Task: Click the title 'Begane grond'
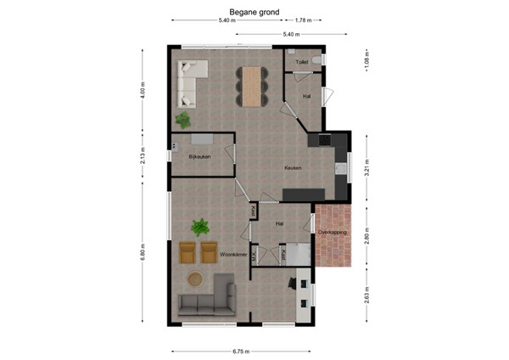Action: click(254, 12)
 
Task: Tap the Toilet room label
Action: click(302, 63)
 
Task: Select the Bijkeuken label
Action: click(199, 156)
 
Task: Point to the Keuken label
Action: click(294, 168)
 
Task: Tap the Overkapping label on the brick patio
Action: click(332, 232)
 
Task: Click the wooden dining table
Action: click(251, 85)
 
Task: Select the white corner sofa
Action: click(190, 76)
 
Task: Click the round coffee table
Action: click(197, 278)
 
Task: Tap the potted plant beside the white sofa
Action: click(183, 119)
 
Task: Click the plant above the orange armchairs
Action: click(201, 227)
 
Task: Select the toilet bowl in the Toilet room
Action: click(316, 59)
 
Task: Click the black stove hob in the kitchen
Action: click(324, 138)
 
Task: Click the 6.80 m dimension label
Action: click(143, 254)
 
